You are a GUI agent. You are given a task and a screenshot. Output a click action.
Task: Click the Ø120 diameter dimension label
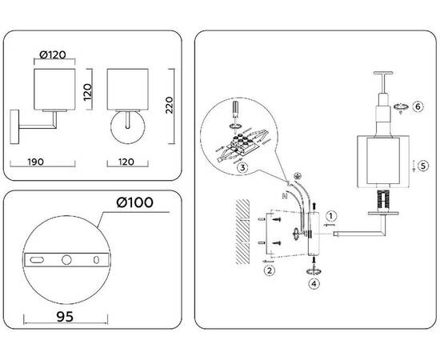(53, 54)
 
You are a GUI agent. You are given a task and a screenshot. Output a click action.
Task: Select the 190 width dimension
(35, 162)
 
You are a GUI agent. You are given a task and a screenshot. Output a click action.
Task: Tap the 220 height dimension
(169, 105)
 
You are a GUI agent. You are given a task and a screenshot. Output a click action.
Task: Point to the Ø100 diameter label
(134, 202)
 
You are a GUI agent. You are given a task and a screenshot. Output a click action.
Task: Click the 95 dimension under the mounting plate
(65, 317)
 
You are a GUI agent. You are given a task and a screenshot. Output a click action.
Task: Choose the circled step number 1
(331, 216)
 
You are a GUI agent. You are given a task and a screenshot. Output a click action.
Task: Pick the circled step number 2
(270, 270)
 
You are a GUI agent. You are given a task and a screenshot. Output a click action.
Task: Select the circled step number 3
(242, 167)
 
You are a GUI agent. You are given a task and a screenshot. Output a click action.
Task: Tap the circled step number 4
(314, 284)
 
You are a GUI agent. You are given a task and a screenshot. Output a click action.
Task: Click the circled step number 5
(423, 166)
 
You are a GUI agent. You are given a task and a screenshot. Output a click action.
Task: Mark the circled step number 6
(418, 106)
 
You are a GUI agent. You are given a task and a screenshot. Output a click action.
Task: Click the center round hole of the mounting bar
(66, 259)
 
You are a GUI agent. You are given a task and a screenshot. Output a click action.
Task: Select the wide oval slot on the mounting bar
(37, 260)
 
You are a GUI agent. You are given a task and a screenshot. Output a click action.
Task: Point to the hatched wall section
(242, 232)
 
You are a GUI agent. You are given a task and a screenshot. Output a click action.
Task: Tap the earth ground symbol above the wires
(295, 176)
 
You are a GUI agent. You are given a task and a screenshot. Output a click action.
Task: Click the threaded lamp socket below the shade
(383, 200)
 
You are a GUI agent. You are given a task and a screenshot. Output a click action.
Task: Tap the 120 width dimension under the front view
(126, 162)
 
